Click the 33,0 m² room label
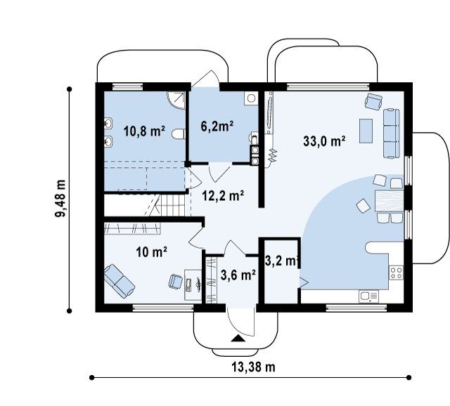tap(324, 141)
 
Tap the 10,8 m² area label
tap(144, 131)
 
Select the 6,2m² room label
tap(217, 126)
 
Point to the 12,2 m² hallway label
tap(223, 196)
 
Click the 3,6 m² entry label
tap(238, 275)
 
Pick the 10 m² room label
tap(152, 252)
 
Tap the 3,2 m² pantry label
tap(281, 261)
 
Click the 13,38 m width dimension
tap(253, 367)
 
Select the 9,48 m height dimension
tap(60, 198)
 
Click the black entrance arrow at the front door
tap(238, 339)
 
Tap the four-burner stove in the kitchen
tap(396, 273)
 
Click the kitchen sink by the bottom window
tap(368, 296)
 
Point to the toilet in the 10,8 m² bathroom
tap(178, 134)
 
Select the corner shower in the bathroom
tap(176, 100)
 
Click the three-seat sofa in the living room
tap(392, 133)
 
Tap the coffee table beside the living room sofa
tap(366, 131)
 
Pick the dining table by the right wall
tap(389, 201)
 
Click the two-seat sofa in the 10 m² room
tap(120, 281)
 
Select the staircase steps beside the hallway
tap(169, 205)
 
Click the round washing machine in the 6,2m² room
tap(251, 98)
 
